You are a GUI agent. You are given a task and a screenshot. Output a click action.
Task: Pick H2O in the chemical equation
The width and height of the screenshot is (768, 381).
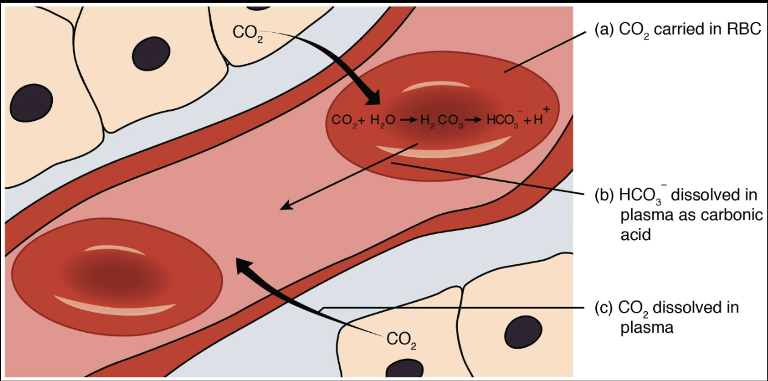tap(382, 120)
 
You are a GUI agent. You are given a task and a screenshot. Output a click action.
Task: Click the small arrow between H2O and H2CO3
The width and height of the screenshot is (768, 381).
tap(408, 120)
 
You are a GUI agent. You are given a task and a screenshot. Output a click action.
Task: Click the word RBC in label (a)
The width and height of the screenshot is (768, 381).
tap(744, 30)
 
